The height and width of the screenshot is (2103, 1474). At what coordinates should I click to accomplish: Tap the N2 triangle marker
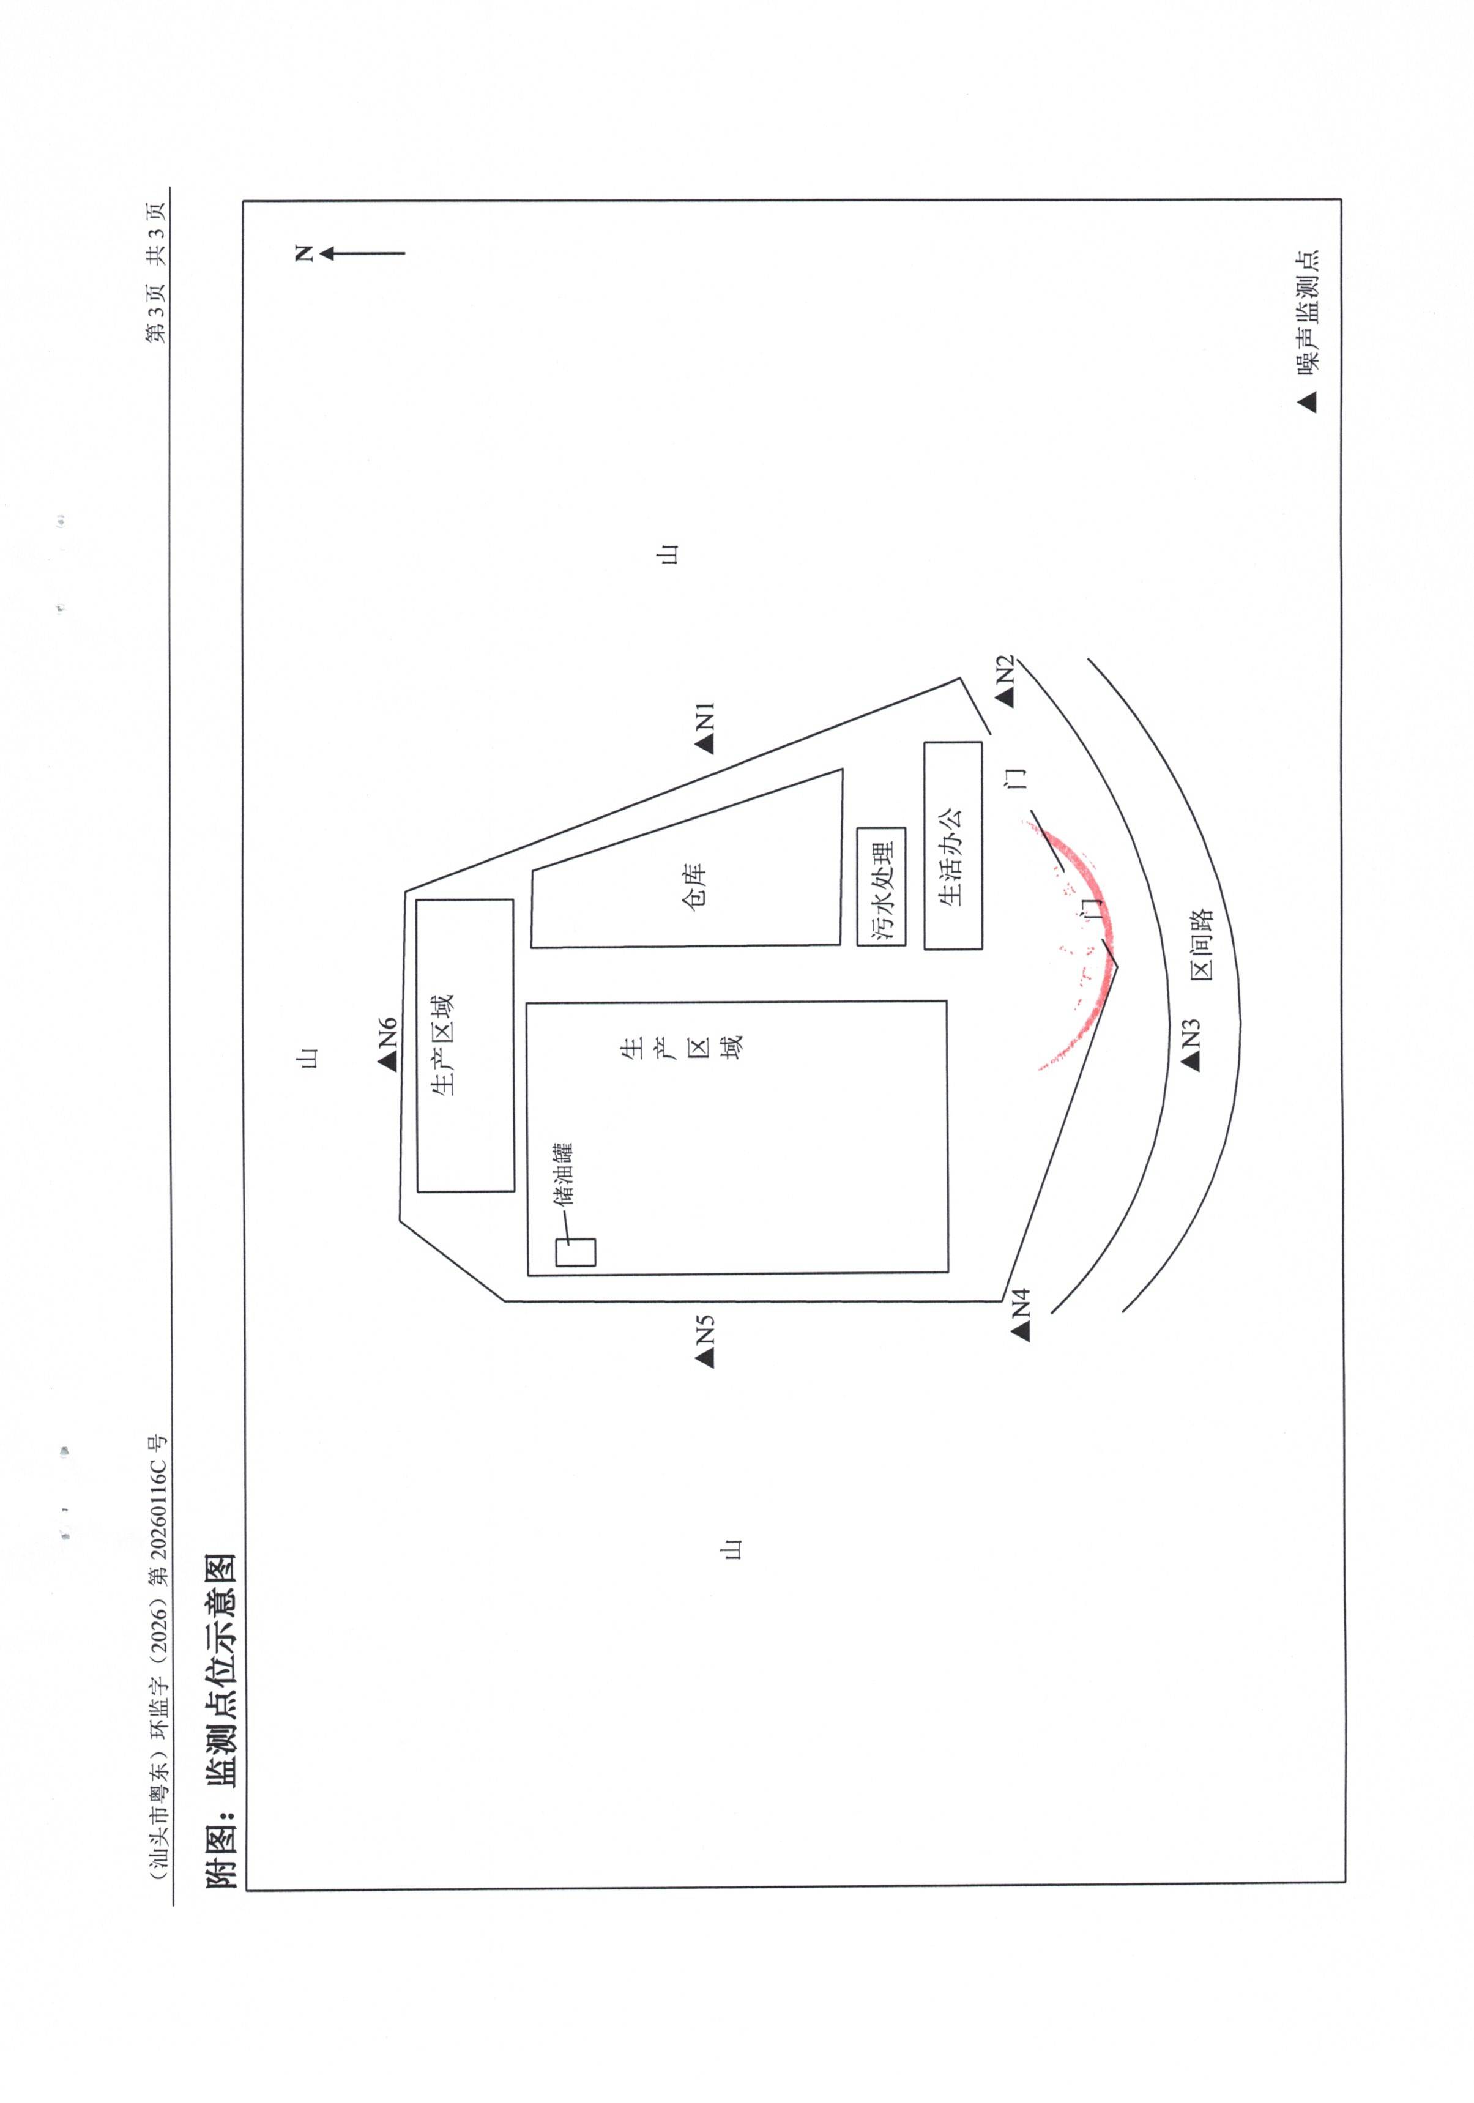coord(1005,697)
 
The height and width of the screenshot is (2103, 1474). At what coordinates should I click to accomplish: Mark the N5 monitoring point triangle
coord(704,1358)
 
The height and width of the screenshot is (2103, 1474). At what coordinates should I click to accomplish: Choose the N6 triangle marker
coord(387,1060)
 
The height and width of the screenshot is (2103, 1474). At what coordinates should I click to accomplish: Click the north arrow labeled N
coord(362,253)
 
